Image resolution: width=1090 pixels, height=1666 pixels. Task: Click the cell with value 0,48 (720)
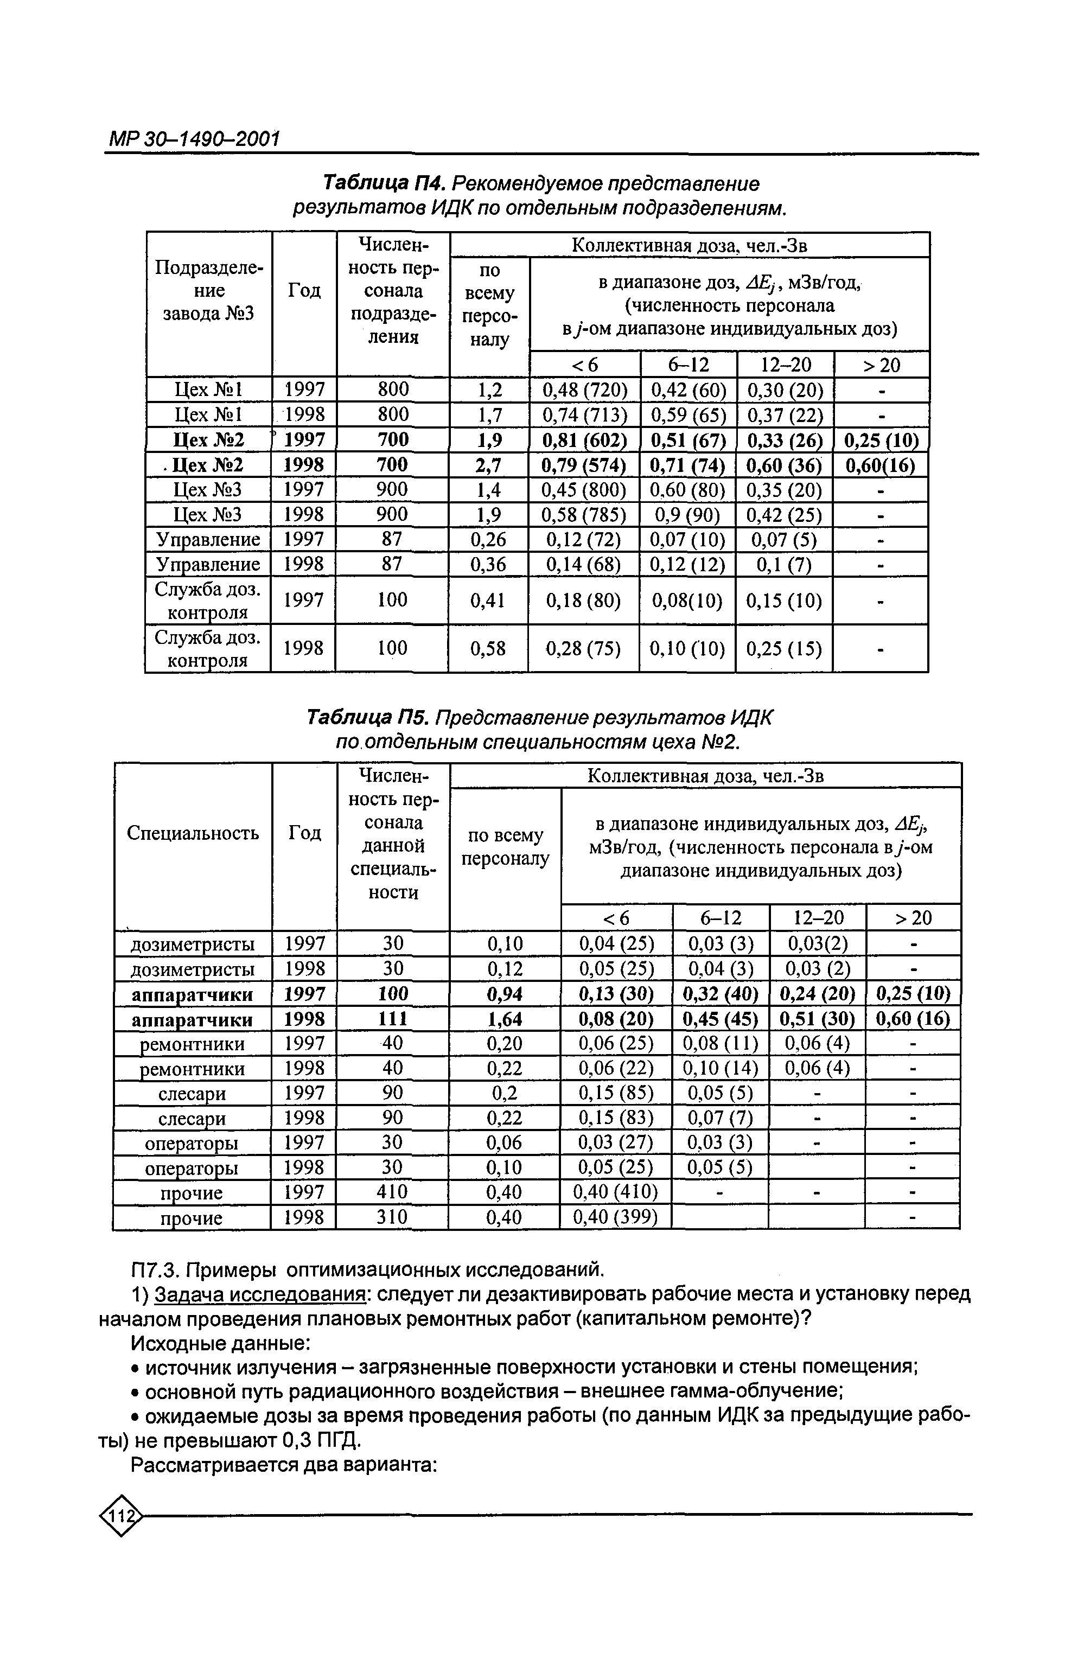584,390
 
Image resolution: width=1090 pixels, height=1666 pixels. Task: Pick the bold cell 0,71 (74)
688,465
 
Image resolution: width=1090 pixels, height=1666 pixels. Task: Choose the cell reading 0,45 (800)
584,490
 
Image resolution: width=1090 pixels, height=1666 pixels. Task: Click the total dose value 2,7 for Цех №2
489,465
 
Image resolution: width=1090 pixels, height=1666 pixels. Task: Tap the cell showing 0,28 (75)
583,649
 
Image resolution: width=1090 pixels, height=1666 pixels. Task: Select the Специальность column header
193,833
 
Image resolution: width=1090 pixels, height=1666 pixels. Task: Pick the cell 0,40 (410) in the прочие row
615,1191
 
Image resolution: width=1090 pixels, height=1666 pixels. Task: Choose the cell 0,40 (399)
615,1217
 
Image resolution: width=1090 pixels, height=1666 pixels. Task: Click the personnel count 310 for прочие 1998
392,1217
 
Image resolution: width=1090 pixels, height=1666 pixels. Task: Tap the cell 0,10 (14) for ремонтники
721,1068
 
